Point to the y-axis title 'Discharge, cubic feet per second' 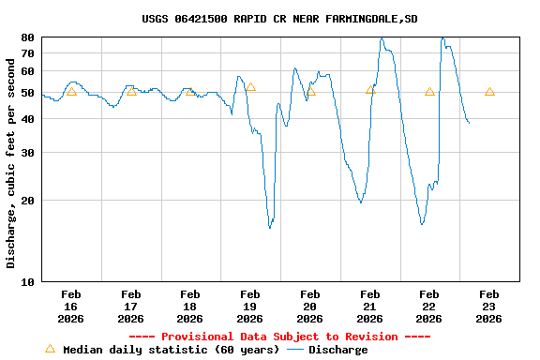coord(11,159)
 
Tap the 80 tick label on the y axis coord(27,37)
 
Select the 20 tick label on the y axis coord(27,200)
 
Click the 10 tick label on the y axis coord(27,281)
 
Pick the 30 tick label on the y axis coord(27,152)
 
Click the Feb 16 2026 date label coord(71,307)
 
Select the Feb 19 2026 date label coord(250,307)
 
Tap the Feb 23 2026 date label coord(488,307)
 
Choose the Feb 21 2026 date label coord(369,307)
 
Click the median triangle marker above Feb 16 coord(71,92)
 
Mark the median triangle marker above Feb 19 coord(250,87)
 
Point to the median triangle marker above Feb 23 coord(489,92)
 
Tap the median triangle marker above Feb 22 coord(429,92)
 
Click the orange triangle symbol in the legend coord(50,349)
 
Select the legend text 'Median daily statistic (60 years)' coord(171,350)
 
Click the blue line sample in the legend coord(295,350)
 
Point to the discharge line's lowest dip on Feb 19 coord(270,228)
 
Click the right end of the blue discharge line coord(469,123)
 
